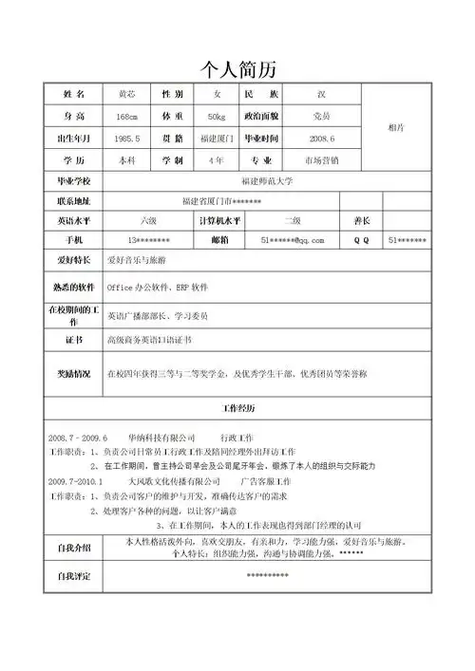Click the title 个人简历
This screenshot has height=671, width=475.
point(237,69)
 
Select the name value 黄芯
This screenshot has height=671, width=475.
point(126,95)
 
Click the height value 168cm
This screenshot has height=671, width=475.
point(126,117)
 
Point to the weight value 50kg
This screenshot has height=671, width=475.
point(216,117)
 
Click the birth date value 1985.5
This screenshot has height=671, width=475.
point(126,139)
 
